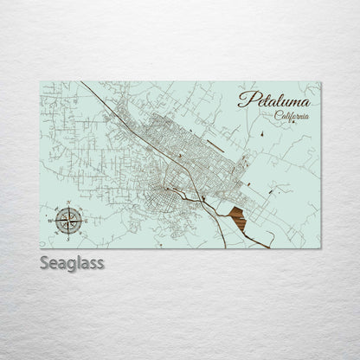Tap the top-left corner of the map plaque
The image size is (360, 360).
pos(42,81)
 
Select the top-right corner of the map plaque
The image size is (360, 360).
pos(320,81)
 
